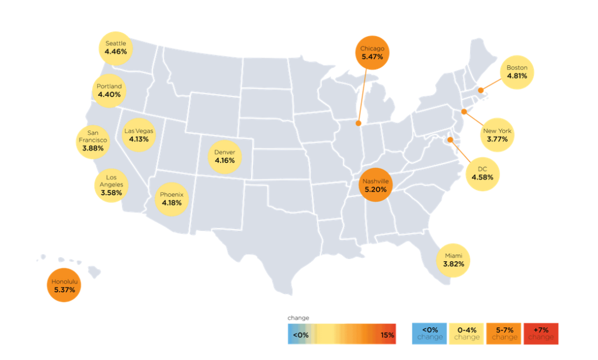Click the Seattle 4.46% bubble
[116, 48]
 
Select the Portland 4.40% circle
[109, 91]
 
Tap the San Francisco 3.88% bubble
[93, 140]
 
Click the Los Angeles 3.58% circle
[111, 185]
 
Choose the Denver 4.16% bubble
[225, 156]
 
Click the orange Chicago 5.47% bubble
[372, 53]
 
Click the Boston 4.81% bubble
[517, 72]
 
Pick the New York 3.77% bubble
[497, 135]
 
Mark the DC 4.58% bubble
[482, 172]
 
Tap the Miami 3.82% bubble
[453, 260]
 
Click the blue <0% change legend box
[429, 334]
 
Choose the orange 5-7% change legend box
[504, 334]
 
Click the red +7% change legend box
[541, 334]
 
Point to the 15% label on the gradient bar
[387, 335]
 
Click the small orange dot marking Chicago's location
[358, 123]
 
